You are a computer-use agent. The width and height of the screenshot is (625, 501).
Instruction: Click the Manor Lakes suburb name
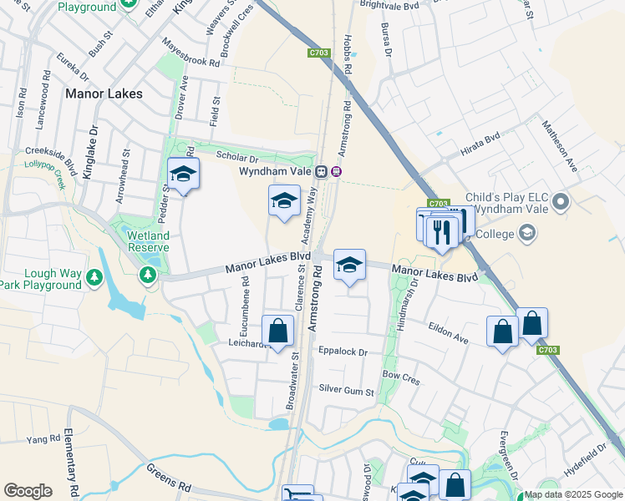coord(104,94)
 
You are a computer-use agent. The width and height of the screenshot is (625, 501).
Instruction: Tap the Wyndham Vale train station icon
coord(336,171)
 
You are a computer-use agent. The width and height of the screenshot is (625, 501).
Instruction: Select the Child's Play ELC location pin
coord(561,201)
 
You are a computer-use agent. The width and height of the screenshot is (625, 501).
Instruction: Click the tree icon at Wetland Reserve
coord(149,273)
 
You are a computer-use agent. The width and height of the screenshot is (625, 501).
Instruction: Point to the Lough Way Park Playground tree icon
coord(95,276)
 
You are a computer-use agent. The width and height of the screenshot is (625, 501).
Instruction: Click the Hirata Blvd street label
coord(480,148)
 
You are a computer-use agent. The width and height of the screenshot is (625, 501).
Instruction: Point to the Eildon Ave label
coord(448,332)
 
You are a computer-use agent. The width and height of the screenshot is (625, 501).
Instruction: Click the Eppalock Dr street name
coord(343,352)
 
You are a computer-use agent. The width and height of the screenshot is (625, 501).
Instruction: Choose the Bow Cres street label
coord(400,377)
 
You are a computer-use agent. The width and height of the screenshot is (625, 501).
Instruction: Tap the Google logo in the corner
coord(28,491)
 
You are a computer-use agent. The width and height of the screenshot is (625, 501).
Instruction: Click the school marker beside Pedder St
coord(184,175)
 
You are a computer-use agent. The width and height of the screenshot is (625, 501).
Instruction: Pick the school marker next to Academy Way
coord(284,201)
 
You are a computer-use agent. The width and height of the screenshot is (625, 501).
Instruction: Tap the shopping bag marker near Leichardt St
coord(278,331)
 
